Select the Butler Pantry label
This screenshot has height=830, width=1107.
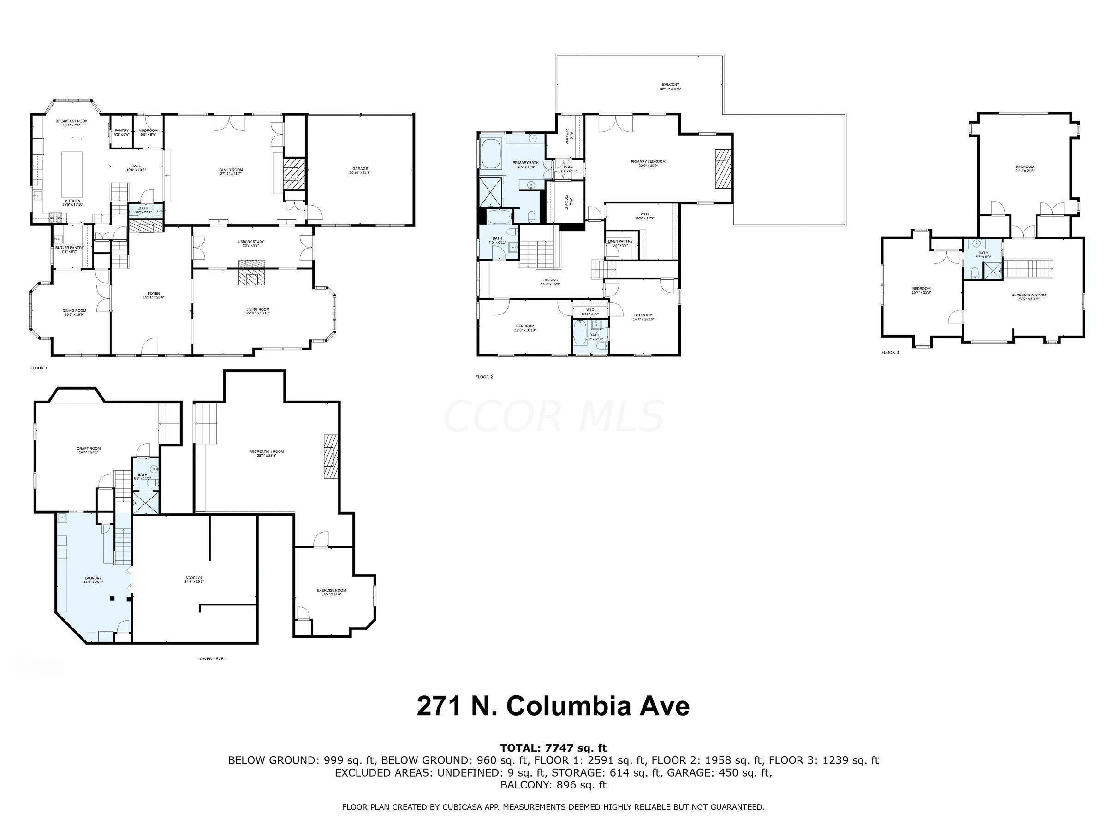pos(70,249)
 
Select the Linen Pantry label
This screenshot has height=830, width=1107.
pos(620,243)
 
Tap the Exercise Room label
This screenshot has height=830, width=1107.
pos(331,592)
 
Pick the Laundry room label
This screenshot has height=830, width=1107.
pos(93,580)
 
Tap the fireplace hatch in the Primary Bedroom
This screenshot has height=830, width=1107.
pos(723,169)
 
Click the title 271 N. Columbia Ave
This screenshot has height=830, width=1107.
pos(553,706)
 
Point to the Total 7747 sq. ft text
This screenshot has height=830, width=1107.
pos(553,748)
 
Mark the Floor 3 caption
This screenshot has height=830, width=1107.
pos(890,353)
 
